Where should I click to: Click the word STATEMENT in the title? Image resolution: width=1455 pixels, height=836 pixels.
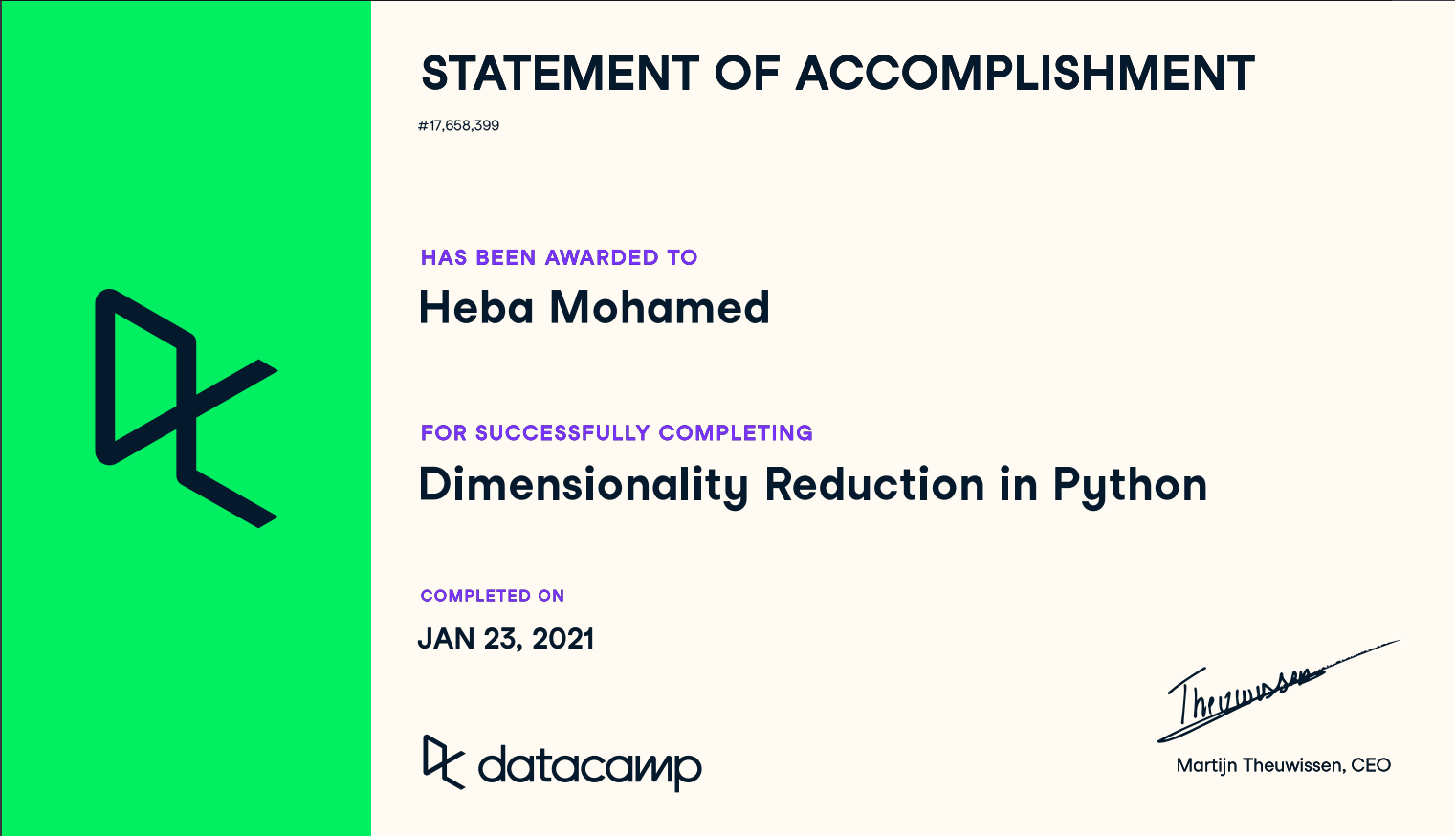560,73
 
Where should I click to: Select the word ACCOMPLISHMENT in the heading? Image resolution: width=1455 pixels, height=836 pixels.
1025,73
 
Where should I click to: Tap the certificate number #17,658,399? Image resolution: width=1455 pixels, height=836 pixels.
458,125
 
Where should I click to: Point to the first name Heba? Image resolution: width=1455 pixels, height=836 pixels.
476,307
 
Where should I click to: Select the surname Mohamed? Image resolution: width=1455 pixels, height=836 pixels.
660,307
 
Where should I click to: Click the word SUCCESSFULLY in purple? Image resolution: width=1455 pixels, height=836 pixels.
562,433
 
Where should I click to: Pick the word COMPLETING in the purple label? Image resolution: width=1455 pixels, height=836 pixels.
736,433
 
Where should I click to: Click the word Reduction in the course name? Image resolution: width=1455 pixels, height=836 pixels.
874,485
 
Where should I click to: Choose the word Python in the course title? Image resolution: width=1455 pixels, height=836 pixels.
1130,486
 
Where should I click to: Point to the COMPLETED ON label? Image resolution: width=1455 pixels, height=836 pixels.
493,596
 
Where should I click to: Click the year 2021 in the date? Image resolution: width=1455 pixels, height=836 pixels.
562,639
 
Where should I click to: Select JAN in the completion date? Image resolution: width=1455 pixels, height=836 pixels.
446,639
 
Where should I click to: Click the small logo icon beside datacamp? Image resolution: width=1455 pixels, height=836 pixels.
444,762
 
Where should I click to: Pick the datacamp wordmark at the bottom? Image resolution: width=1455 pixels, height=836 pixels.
590,768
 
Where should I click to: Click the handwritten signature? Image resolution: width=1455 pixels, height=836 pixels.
1278,692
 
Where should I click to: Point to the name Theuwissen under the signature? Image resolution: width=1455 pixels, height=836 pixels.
1294,766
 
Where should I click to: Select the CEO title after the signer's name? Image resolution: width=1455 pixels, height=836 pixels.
1371,766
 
